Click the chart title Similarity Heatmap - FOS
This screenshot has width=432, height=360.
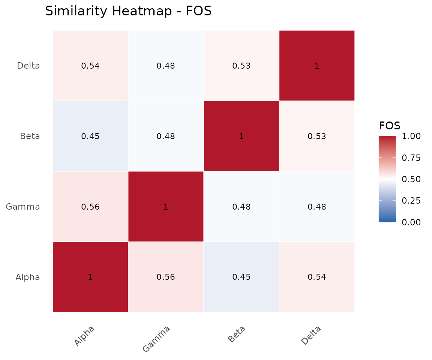[128, 11]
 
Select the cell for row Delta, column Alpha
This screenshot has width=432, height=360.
[90, 66]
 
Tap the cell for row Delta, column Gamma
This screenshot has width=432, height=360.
[166, 66]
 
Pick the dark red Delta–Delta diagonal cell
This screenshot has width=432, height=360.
[317, 66]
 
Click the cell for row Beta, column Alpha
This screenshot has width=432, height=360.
[90, 136]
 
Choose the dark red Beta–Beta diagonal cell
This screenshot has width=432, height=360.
[241, 136]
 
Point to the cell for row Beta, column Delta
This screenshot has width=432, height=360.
[317, 136]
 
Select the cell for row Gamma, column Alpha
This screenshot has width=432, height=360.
[90, 207]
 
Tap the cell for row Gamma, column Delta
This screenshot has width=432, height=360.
[317, 207]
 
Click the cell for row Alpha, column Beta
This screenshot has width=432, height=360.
[241, 277]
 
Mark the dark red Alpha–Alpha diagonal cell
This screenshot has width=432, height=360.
[90, 277]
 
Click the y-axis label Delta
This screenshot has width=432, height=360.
[28, 66]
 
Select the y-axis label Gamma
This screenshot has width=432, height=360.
[23, 207]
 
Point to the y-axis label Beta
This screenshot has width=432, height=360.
[30, 136]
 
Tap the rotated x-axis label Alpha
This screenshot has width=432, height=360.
[84, 336]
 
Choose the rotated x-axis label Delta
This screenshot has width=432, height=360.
[311, 336]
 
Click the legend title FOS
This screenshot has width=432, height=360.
[389, 125]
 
